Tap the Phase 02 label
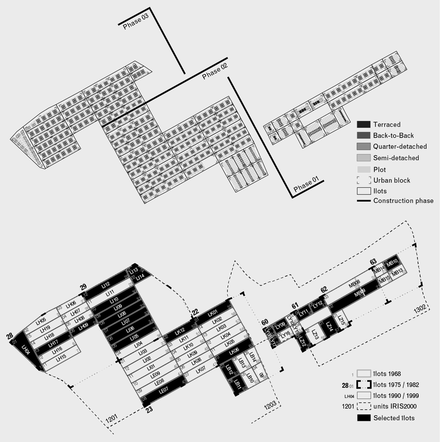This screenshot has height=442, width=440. (215, 71)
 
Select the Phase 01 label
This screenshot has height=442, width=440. (306, 184)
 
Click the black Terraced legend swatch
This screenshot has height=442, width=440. (363, 125)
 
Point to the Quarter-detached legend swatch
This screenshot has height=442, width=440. (363, 147)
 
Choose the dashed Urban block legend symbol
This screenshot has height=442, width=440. (363, 180)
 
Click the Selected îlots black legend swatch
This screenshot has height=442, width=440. (364, 418)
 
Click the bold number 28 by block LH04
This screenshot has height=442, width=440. (9, 336)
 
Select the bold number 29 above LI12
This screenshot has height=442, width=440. (83, 286)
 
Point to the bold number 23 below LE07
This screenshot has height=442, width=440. (149, 410)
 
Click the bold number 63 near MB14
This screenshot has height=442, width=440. (373, 261)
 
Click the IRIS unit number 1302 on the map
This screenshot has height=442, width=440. (419, 309)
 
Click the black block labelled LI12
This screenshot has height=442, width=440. (106, 284)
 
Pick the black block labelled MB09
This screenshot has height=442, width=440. (358, 292)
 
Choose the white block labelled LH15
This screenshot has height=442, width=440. (61, 358)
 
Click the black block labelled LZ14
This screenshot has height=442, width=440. (329, 327)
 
